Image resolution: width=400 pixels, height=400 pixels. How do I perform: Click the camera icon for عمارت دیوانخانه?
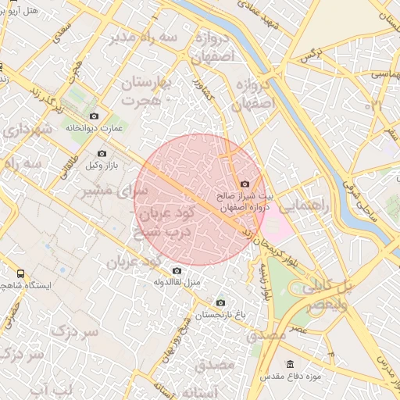point(95,116)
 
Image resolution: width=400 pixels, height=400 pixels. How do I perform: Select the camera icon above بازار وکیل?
point(101,153)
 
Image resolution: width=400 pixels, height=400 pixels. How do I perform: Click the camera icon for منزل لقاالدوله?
point(177,270)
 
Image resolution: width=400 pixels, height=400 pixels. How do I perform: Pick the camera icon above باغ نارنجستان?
point(220,302)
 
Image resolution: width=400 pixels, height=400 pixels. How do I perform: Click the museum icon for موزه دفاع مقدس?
point(291,364)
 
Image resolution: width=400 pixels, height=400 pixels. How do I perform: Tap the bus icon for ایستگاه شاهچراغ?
point(20,273)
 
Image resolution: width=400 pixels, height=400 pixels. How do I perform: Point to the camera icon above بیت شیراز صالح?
point(245,183)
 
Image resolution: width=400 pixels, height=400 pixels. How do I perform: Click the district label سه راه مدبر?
point(144,37)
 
